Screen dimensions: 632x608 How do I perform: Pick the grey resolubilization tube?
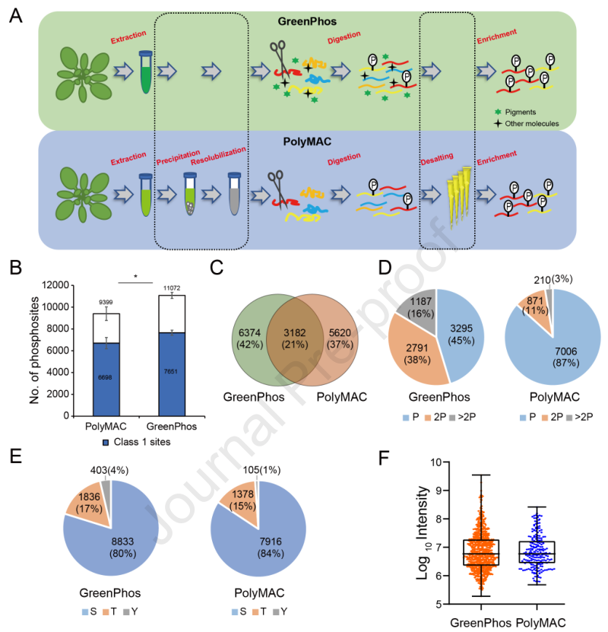tap(236, 202)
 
